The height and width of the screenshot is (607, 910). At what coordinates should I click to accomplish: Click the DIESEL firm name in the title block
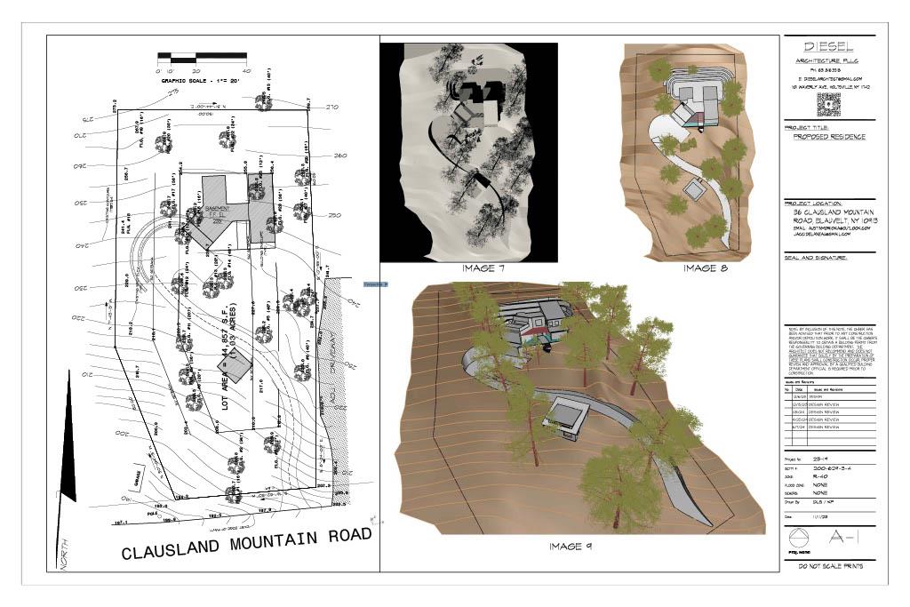pyautogui.click(x=829, y=46)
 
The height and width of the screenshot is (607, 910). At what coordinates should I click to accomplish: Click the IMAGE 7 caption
pyautogui.click(x=483, y=268)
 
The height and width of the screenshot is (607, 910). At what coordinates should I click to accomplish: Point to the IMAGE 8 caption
pyautogui.click(x=705, y=268)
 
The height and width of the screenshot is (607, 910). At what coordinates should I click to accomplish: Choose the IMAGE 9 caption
pyautogui.click(x=571, y=547)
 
